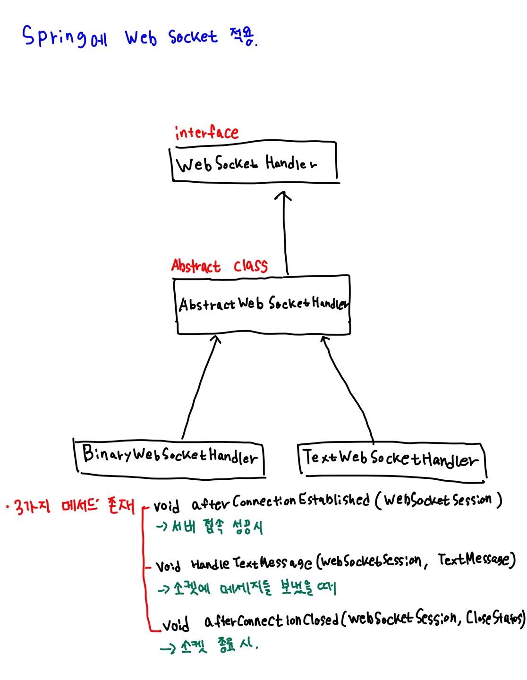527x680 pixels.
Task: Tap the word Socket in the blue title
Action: coord(193,37)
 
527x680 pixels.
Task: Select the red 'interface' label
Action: coord(206,133)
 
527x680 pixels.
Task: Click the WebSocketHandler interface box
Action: coord(254,163)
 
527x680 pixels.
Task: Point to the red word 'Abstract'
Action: coord(195,266)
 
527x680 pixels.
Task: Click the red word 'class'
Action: coord(250,266)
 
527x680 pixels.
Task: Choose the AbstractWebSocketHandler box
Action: coord(263,305)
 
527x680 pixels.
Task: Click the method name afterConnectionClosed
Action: coord(272,620)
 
